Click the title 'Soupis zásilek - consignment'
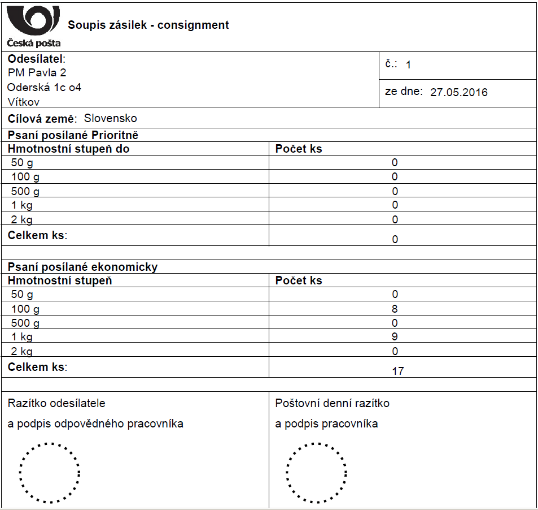[148, 25]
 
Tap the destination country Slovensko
[111, 119]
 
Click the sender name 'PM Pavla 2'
[37, 73]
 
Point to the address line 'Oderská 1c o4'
[44, 87]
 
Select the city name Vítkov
[24, 102]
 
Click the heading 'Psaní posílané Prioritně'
[73, 136]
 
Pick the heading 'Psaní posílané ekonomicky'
[82, 267]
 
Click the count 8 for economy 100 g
[395, 309]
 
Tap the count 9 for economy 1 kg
[395, 337]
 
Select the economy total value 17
[398, 371]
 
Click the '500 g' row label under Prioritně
[25, 191]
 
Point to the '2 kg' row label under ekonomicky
[22, 351]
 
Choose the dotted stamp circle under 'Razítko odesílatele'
[50, 473]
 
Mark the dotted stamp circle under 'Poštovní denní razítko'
[316, 473]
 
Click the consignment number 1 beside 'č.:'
[408, 65]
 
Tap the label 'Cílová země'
[41, 119]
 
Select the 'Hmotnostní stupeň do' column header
[68, 149]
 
